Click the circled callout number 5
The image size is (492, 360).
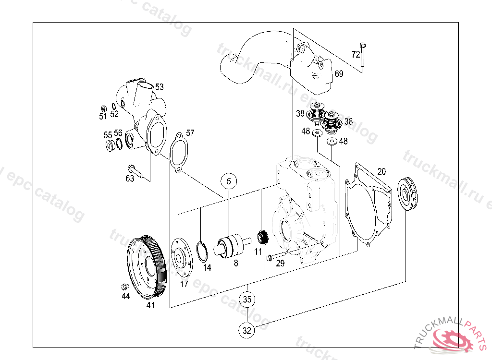[229, 181]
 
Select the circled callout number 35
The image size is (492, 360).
[247, 300]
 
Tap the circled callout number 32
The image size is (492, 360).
[247, 330]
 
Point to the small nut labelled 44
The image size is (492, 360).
[124, 287]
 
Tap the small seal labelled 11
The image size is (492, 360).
[262, 237]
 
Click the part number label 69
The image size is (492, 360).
[339, 74]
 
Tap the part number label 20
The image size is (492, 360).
[381, 171]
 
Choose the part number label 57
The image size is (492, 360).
[190, 133]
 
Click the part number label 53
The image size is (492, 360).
[159, 87]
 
